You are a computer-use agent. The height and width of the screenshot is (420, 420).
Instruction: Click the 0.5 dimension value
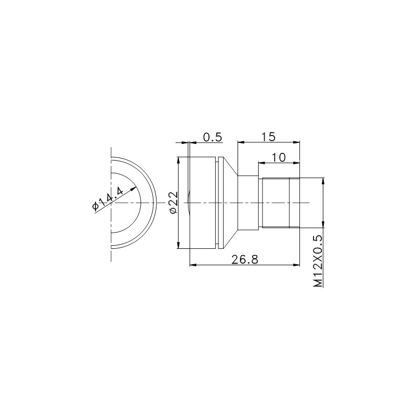[213, 137]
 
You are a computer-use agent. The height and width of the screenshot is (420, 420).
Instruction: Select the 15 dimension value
[269, 137]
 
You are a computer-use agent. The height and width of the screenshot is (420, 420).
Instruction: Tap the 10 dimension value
[279, 157]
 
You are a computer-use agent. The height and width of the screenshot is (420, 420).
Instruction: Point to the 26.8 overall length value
[245, 259]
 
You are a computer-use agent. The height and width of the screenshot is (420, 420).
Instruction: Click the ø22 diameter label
[174, 203]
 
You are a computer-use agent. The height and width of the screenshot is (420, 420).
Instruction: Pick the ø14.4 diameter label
[108, 199]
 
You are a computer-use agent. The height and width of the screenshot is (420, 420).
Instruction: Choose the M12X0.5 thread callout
[318, 261]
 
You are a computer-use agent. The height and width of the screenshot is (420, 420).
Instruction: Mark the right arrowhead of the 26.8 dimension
[296, 265]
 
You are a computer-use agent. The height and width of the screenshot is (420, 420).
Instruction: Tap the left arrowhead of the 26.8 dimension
[193, 265]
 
